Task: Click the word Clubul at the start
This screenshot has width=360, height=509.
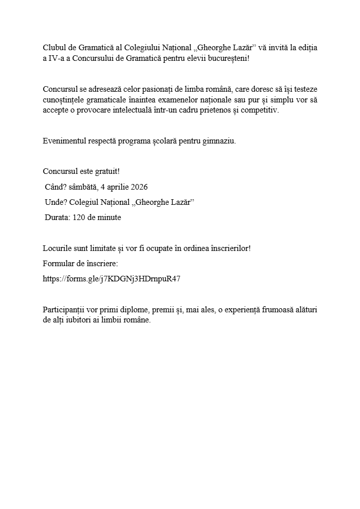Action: (54, 48)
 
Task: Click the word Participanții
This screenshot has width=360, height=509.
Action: (66, 310)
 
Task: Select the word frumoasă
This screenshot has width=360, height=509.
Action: (277, 310)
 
